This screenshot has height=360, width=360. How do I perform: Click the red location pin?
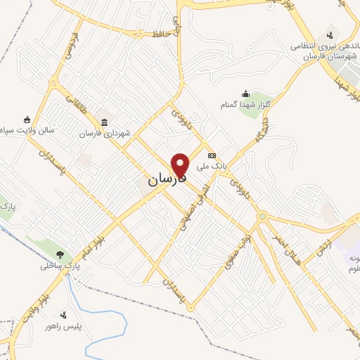(181, 165)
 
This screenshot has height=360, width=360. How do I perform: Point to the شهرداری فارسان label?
(105, 134)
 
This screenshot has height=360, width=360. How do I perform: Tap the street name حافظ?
(160, 33)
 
